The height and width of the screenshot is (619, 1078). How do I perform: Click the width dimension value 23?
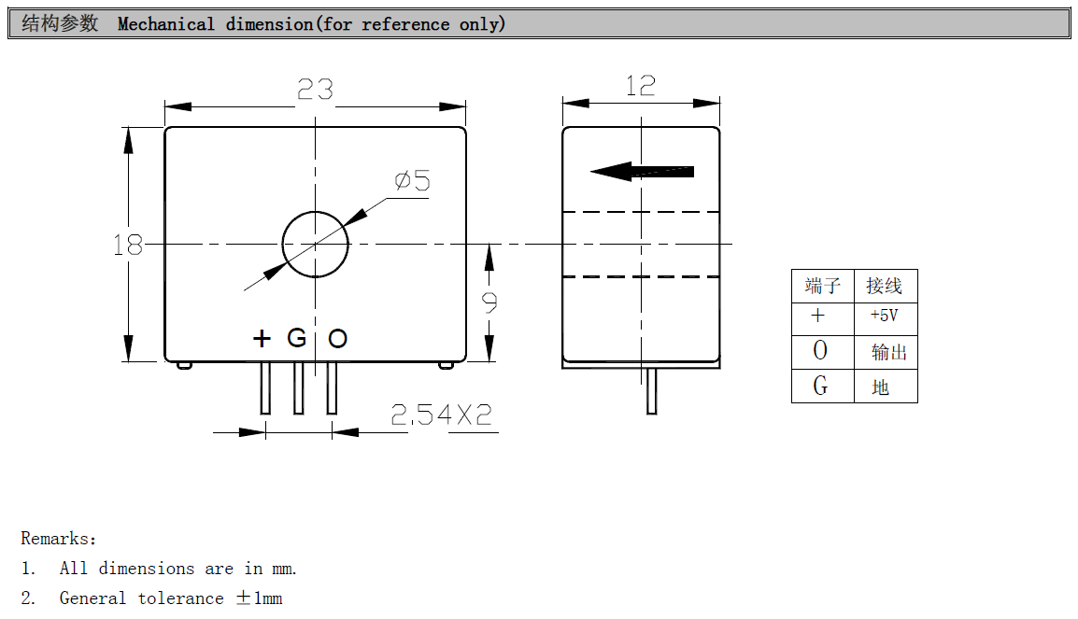tap(315, 90)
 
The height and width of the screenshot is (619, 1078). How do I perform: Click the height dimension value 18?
tap(128, 246)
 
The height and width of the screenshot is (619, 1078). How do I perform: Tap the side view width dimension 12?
tap(640, 87)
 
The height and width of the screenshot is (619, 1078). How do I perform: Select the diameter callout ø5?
tap(412, 180)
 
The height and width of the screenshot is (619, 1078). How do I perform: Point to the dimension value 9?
tap(489, 302)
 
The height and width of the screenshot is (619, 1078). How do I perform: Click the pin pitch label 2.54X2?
tap(441, 415)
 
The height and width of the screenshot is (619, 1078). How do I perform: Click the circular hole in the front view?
tap(316, 245)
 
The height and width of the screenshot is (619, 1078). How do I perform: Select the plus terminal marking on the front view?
tap(262, 338)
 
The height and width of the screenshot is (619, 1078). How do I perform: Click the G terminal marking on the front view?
tap(296, 338)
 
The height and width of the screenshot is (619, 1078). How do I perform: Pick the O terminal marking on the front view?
tap(337, 338)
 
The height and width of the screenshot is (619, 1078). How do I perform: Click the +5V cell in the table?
tap(884, 316)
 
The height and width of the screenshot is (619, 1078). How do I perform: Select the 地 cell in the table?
tap(881, 387)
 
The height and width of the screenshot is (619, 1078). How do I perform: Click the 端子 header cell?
tap(822, 286)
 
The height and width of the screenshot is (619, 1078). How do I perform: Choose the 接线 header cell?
tap(884, 286)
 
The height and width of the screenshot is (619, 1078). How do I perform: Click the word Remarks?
tap(56, 539)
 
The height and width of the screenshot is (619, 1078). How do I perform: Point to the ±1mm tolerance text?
tap(259, 598)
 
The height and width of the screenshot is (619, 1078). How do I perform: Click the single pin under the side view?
tap(652, 390)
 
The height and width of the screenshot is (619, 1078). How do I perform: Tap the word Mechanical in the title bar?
tap(166, 24)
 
